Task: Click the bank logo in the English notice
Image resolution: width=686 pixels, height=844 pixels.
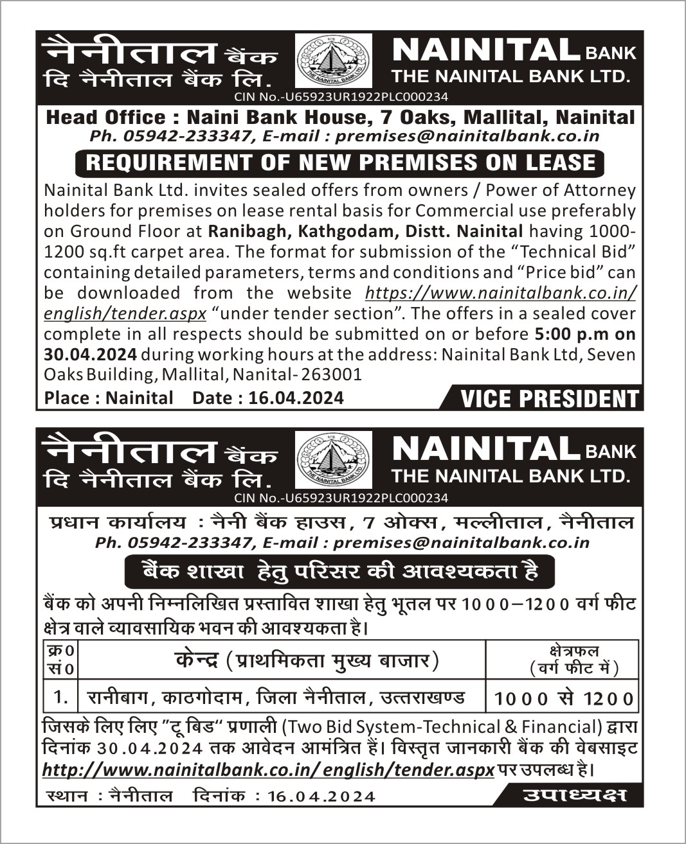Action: click(333, 60)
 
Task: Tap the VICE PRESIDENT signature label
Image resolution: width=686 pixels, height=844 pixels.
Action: click(549, 399)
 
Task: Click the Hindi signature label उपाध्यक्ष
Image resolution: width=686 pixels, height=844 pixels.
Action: click(574, 795)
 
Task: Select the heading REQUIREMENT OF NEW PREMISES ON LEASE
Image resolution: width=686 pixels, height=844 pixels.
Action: click(340, 163)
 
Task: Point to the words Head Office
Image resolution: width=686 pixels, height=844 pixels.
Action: click(105, 118)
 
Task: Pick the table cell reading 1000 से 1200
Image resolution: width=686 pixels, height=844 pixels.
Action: click(564, 698)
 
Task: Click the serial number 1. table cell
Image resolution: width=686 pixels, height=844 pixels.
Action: click(61, 697)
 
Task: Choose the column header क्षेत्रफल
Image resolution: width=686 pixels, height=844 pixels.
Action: click(574, 651)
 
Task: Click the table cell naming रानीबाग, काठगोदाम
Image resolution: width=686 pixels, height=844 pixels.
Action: click(276, 697)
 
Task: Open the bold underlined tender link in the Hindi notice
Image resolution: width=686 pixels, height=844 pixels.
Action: click(267, 769)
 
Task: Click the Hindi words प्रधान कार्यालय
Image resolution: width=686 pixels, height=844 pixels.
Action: click(117, 522)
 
